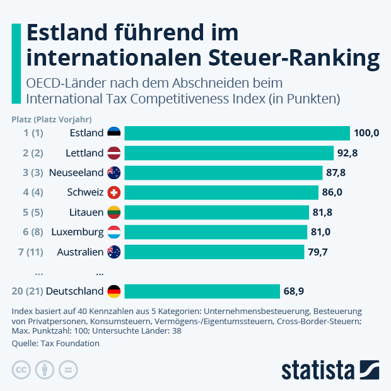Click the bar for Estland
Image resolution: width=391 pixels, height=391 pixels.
(236, 133)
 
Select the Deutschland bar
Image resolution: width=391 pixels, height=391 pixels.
(202, 291)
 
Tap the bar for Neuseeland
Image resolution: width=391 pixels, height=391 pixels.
(223, 173)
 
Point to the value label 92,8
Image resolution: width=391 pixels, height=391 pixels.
(351, 153)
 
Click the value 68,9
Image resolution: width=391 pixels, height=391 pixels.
(297, 291)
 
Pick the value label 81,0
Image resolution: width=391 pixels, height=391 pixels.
(321, 232)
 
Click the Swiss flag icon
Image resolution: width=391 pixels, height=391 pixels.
(114, 192)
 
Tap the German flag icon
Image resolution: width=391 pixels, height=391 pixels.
(114, 291)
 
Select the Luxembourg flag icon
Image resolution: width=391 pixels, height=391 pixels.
(114, 232)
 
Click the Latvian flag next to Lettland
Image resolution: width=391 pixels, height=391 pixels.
(114, 153)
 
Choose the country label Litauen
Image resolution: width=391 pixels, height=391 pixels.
(86, 212)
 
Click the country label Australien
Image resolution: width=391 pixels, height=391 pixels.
(79, 252)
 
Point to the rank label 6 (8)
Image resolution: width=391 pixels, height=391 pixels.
(33, 232)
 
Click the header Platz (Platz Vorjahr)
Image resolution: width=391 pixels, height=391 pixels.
(52, 119)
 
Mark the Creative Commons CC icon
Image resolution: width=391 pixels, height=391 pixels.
(22, 370)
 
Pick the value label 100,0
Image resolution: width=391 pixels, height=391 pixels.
(366, 133)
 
